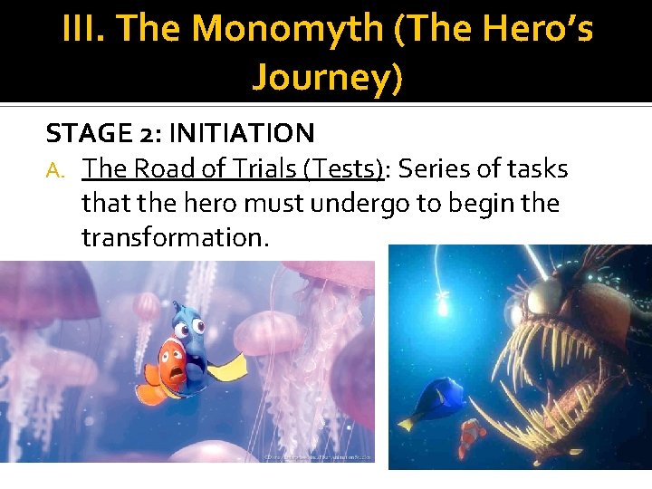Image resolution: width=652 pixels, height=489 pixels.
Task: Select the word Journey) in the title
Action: pyautogui.click(x=327, y=77)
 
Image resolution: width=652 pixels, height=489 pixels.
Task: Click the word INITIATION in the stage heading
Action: pyautogui.click(x=241, y=134)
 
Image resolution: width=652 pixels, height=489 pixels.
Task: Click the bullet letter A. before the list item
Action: pyautogui.click(x=56, y=169)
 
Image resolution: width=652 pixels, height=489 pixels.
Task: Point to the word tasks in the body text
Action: pyautogui.click(x=537, y=168)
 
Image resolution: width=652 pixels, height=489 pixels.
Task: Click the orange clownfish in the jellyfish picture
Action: pyautogui.click(x=166, y=367)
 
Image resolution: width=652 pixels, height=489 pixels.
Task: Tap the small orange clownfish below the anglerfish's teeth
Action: pyautogui.click(x=471, y=434)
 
